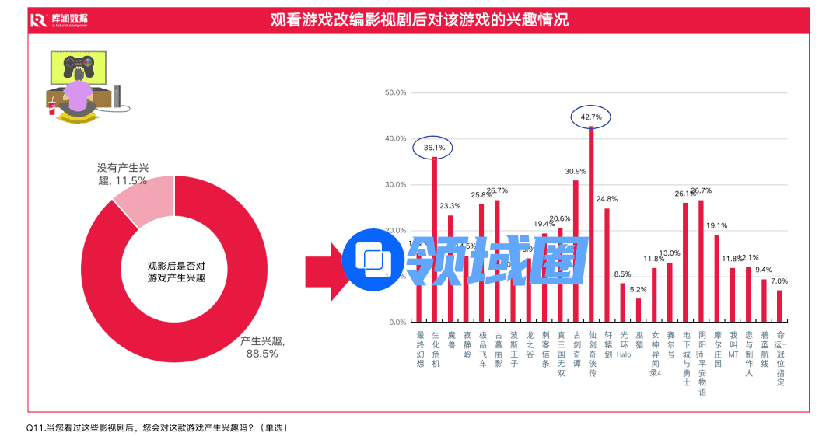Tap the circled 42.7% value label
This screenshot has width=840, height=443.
tap(591, 117)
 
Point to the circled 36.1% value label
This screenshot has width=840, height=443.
tap(434, 147)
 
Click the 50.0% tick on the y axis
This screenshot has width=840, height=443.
tap(396, 92)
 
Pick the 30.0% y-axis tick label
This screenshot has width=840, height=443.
tap(396, 184)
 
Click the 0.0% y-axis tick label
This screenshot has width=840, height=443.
tap(397, 322)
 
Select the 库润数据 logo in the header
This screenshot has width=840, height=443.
tap(59, 20)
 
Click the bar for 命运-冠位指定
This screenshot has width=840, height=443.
tap(779, 305)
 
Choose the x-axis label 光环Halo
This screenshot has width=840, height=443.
tap(623, 344)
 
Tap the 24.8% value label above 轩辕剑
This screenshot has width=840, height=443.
tap(607, 199)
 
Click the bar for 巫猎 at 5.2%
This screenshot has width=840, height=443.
tap(639, 310)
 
